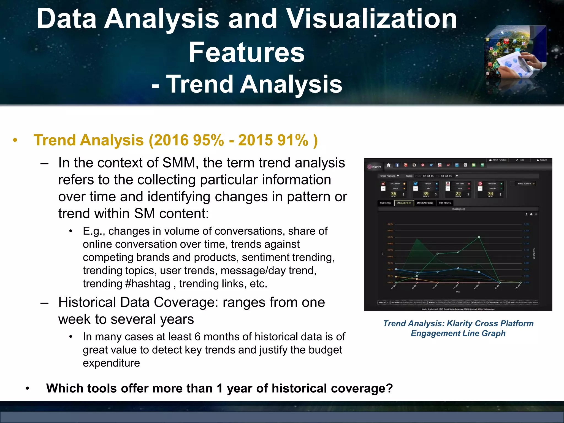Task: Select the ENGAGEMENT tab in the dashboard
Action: (404, 203)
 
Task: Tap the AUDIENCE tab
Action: (385, 203)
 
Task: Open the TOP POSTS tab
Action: (445, 203)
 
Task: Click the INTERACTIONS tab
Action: (425, 203)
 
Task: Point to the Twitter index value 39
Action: (426, 194)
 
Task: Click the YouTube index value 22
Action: (458, 194)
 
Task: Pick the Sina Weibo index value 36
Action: (394, 194)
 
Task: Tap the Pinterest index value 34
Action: (490, 194)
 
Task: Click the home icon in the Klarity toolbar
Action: (389, 165)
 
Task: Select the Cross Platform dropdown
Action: (389, 176)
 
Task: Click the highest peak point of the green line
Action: (479, 237)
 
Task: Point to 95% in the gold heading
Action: (208, 140)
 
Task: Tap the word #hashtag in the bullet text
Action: (148, 284)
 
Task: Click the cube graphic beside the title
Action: (515, 52)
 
